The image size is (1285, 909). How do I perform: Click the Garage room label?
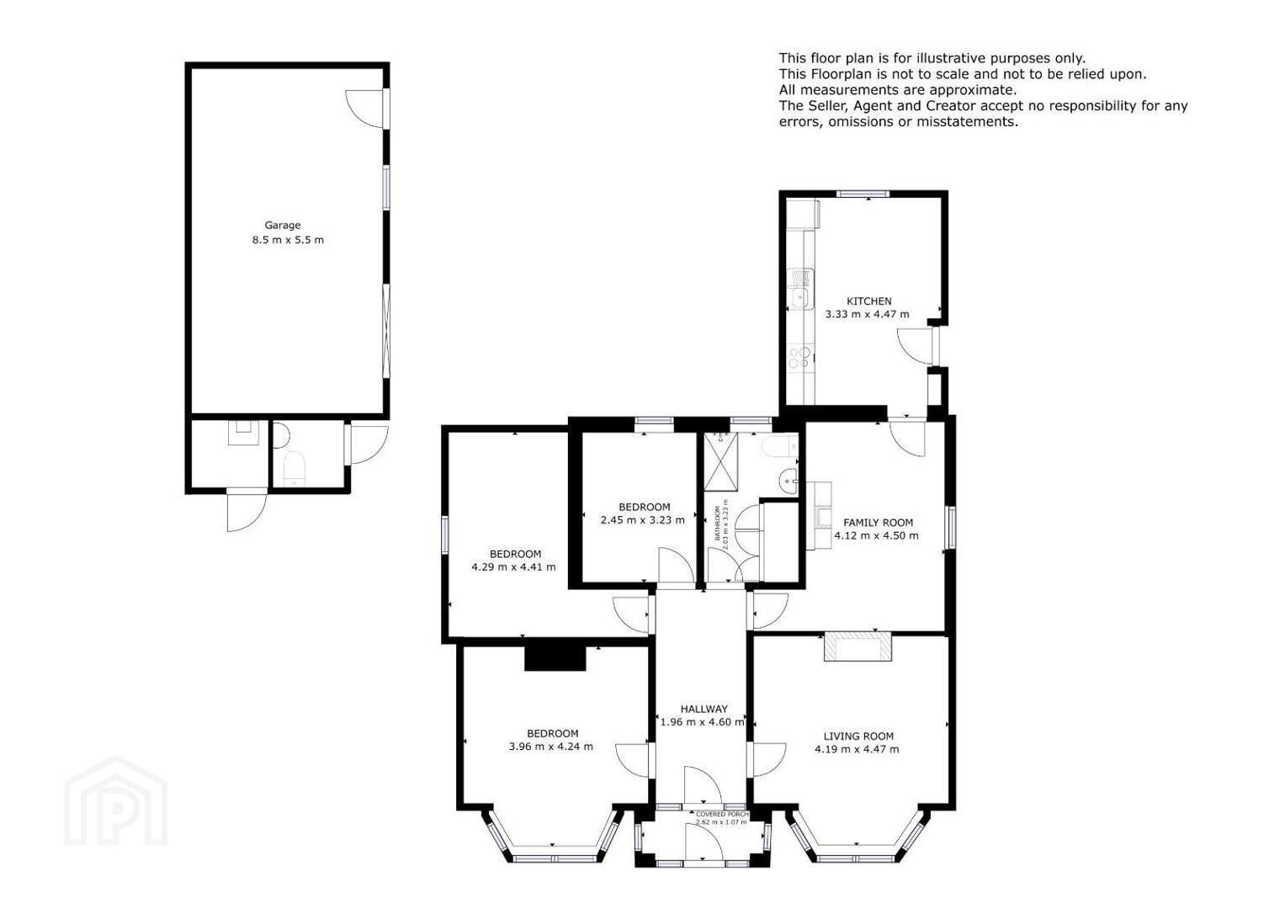282,226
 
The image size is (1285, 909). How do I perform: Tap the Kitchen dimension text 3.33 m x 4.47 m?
868,315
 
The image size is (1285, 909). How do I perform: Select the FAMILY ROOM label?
878,523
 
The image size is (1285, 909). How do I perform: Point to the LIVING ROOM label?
858,736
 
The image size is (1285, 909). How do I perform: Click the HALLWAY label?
704,710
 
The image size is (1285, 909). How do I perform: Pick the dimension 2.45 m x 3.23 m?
643,520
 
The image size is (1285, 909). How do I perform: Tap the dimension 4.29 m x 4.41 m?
513,567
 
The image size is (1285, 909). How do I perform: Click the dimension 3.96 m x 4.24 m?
550,747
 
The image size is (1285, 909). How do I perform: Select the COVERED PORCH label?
722,815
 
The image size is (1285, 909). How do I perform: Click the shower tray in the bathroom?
720,462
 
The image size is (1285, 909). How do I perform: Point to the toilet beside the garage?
294,468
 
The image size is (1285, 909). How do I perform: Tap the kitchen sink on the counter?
799,299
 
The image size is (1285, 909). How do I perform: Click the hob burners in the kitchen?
799,357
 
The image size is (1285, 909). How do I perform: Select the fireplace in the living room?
858,646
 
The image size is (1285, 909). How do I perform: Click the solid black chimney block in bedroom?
555,657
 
